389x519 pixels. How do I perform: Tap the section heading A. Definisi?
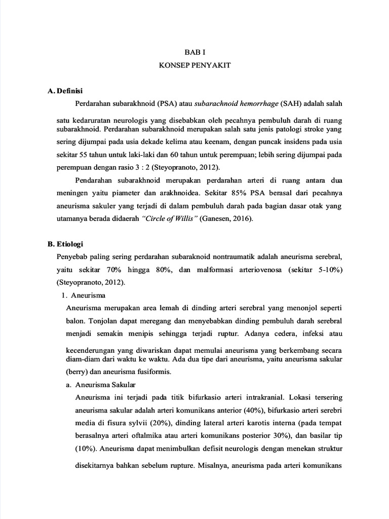click(x=65, y=91)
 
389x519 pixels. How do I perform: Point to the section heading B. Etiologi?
click(x=65, y=244)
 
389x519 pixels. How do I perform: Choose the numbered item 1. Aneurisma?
click(x=83, y=295)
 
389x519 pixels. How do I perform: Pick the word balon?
click(x=76, y=321)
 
